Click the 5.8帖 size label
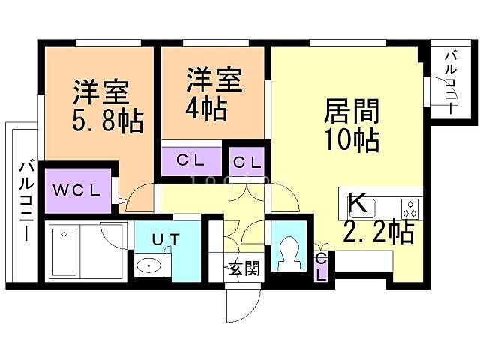(x=108, y=120)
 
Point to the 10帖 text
(x=351, y=139)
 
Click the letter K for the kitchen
(x=358, y=202)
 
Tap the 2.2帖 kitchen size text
(x=378, y=232)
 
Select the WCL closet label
(x=76, y=190)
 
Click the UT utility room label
(x=166, y=239)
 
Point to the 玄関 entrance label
(x=244, y=268)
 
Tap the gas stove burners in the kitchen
(x=410, y=205)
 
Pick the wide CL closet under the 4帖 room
(x=192, y=160)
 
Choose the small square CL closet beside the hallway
(x=246, y=161)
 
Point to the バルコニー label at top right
(x=451, y=81)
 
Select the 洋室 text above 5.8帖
(x=100, y=91)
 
